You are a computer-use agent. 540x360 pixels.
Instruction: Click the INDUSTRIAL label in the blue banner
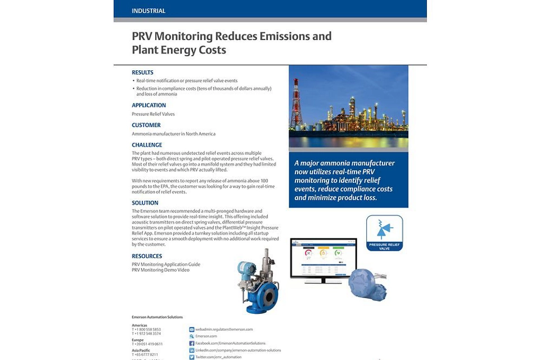[x=148, y=11]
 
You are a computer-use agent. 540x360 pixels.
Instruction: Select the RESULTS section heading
[x=142, y=73]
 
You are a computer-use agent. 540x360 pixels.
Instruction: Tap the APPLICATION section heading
[x=148, y=105]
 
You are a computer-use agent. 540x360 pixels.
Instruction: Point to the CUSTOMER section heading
[x=146, y=125]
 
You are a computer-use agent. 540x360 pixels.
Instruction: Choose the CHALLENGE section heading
[x=147, y=145]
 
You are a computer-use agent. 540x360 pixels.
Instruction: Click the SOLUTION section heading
[x=145, y=203]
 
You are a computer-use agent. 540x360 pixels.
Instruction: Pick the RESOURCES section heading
[x=147, y=256]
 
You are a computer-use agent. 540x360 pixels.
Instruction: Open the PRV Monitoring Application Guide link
[x=166, y=264]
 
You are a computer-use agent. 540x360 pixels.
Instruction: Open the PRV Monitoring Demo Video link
[x=160, y=270]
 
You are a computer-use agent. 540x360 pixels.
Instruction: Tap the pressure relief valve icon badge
[x=384, y=232]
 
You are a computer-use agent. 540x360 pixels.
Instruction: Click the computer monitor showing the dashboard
[x=323, y=259]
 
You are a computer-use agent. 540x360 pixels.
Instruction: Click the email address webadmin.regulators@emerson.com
[x=224, y=329]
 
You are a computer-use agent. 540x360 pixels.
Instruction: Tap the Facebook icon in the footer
[x=192, y=343]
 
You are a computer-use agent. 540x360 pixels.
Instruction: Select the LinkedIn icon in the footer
[x=192, y=350]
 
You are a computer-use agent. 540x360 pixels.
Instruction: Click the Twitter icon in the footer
[x=192, y=357]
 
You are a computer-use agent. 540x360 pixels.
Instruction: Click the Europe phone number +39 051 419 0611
[x=147, y=344]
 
